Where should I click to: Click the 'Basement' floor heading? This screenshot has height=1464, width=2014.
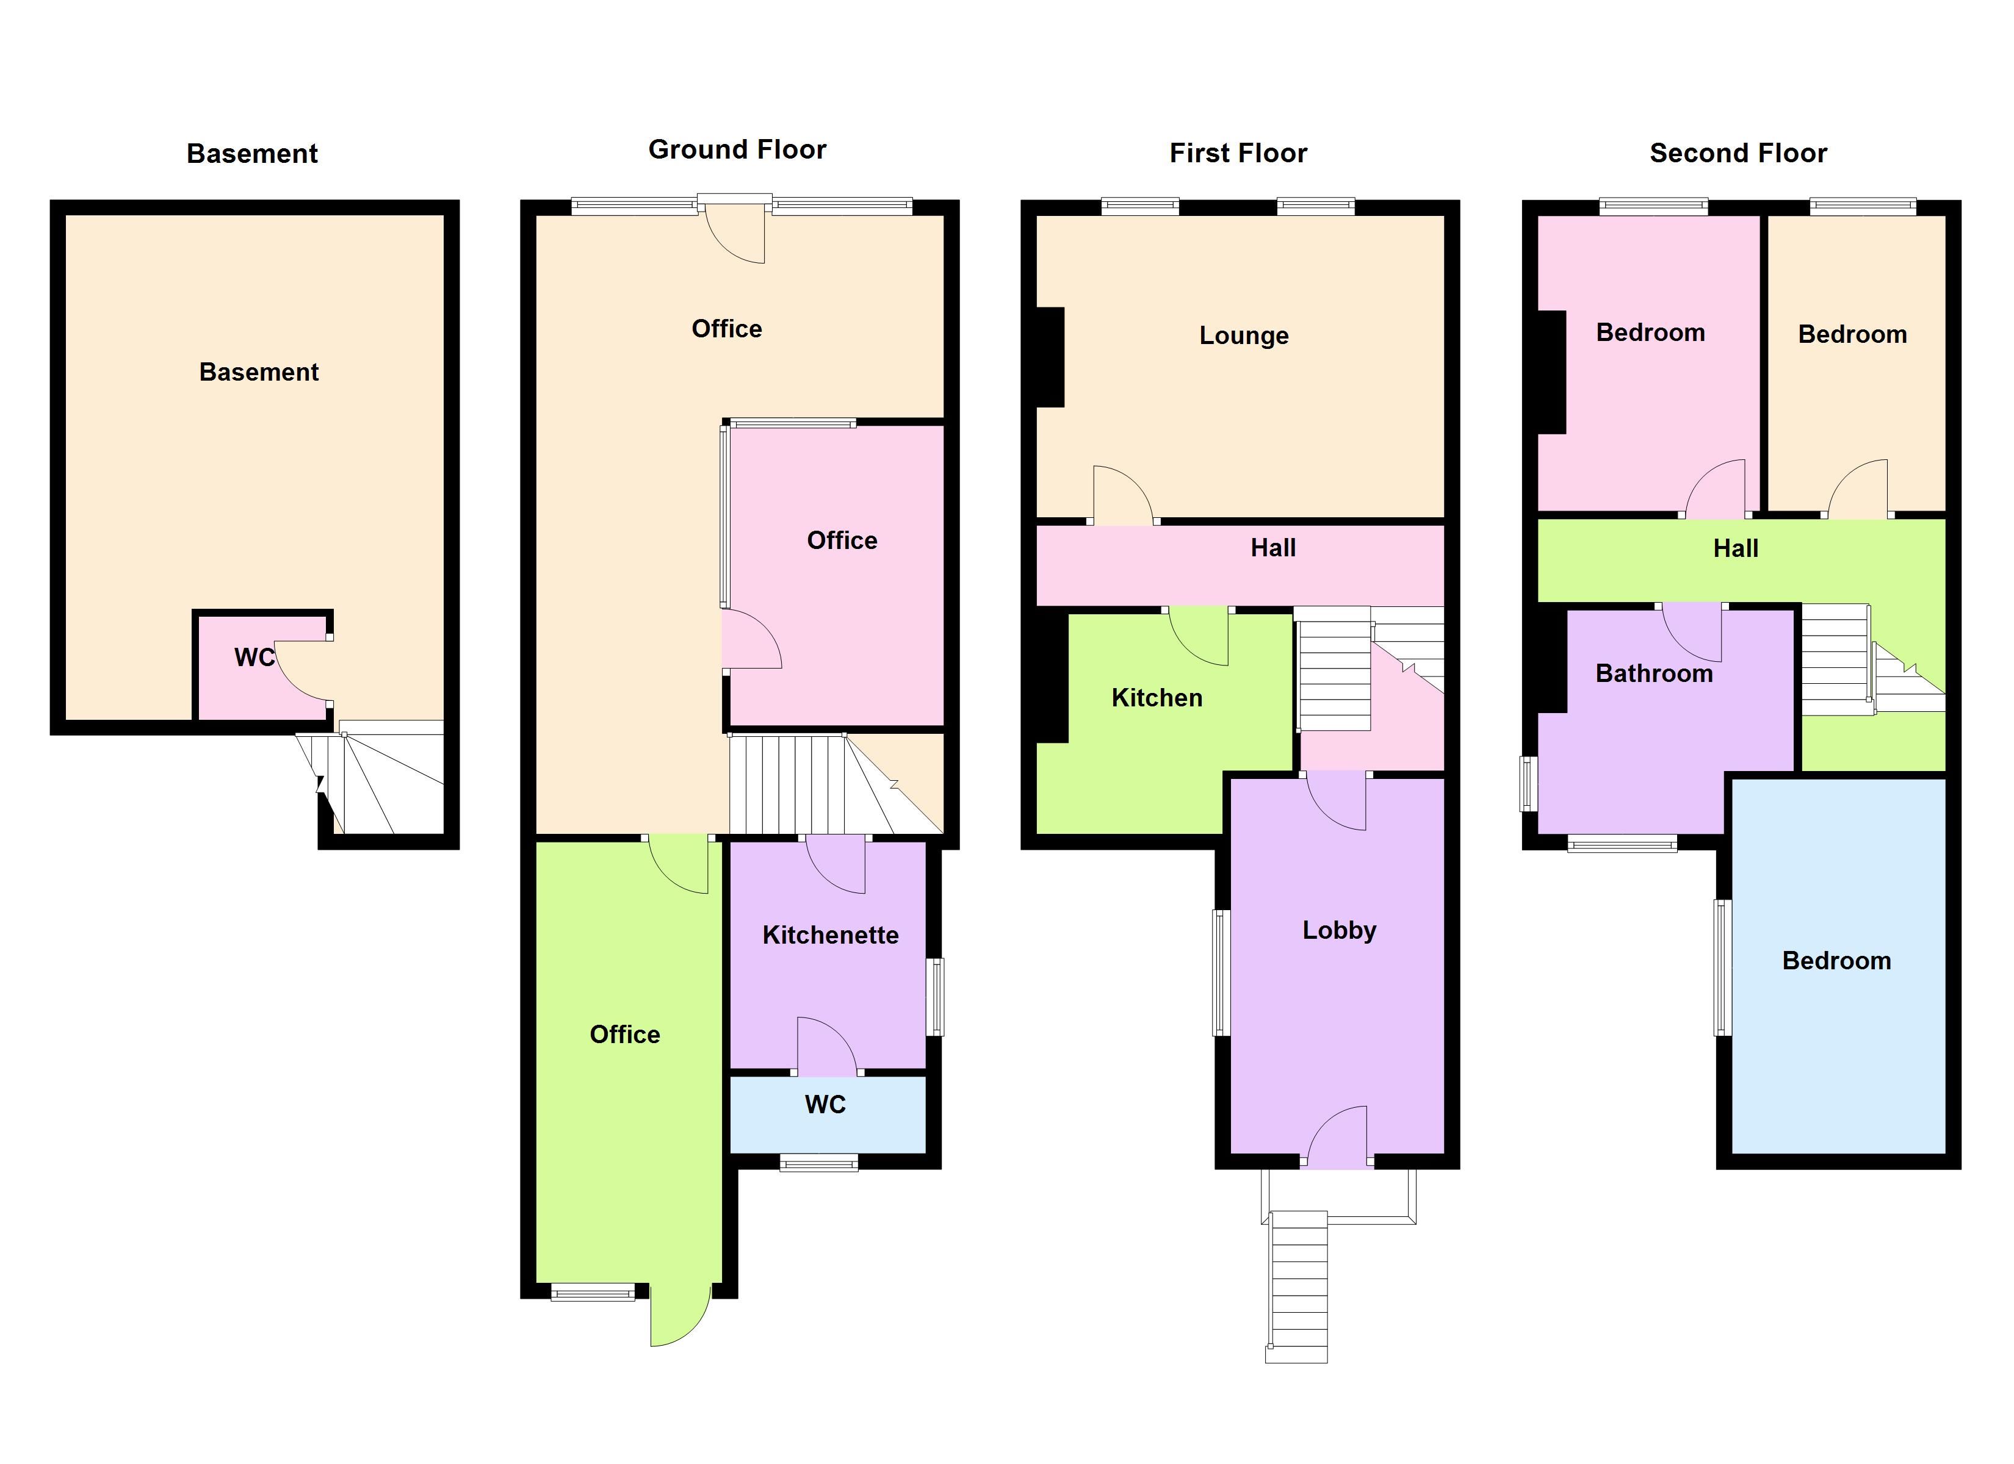252,154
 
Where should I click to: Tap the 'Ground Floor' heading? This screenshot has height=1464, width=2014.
737,149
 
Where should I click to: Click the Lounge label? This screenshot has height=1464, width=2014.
1243,335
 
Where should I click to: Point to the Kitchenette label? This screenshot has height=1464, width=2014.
830,935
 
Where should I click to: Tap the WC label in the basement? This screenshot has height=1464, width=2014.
254,657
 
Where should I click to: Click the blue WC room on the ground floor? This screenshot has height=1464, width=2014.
828,1114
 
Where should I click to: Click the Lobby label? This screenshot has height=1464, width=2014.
1339,930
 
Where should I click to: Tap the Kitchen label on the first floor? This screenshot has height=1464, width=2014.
1157,698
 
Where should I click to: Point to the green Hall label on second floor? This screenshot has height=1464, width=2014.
1735,548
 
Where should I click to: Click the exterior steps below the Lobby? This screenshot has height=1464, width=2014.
1298,1286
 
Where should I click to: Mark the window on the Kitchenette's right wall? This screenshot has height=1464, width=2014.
935,996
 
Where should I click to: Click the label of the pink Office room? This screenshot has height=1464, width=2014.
842,540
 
